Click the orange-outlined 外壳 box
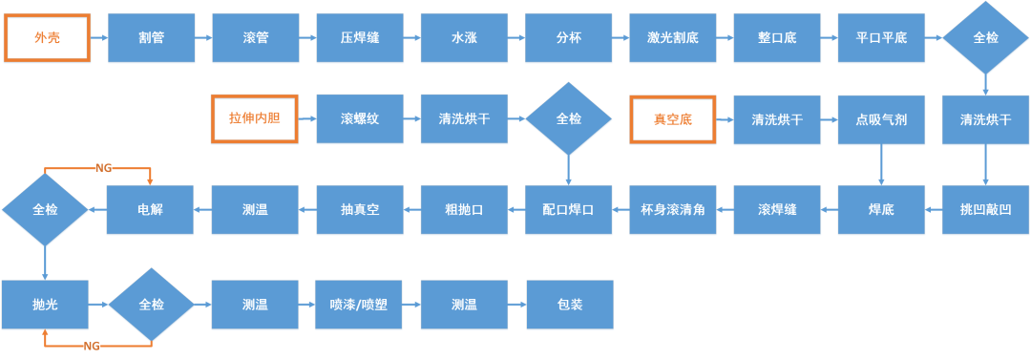point(47,38)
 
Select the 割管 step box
point(151,38)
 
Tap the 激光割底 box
point(672,38)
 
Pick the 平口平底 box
point(881,38)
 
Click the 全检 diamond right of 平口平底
point(985,38)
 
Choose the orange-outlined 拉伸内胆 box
point(255,119)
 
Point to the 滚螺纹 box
point(360,119)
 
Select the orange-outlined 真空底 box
point(672,119)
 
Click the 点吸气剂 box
point(881,119)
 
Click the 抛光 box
point(45,305)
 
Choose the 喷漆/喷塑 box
point(360,305)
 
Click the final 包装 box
point(570,305)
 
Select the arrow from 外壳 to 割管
point(98,38)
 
